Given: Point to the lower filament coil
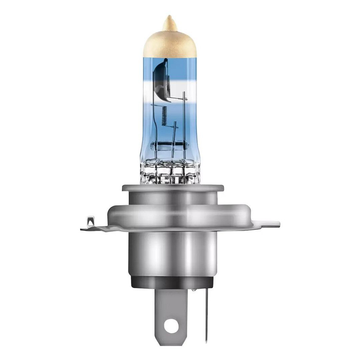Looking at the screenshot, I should [165, 115].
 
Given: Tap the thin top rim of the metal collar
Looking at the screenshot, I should [172, 188].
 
